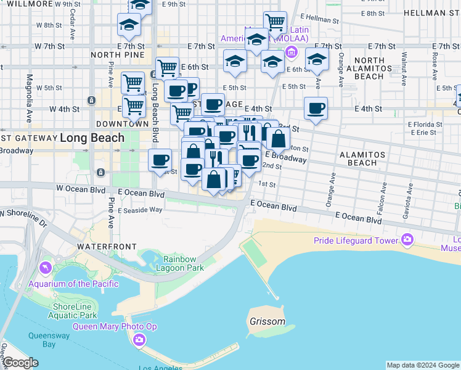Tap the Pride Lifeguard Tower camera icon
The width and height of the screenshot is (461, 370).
(x=407, y=239)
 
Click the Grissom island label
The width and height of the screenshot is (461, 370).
(x=267, y=321)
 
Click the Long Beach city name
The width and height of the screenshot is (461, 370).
(x=92, y=138)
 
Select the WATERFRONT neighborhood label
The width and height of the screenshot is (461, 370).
(x=107, y=246)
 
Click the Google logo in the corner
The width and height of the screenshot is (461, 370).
(x=20, y=363)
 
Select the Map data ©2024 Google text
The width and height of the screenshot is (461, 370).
(x=422, y=365)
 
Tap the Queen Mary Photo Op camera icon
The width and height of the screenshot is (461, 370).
(x=140, y=339)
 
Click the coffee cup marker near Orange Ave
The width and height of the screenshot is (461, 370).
(x=316, y=109)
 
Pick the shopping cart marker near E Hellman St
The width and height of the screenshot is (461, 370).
(x=275, y=23)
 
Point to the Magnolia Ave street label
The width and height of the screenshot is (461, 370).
(x=29, y=99)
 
